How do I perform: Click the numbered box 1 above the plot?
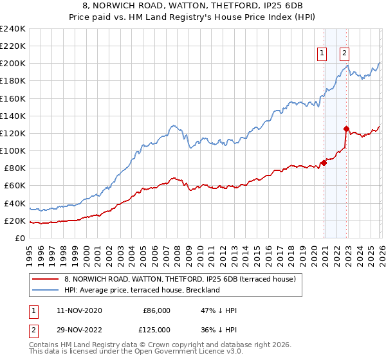pos(322,54)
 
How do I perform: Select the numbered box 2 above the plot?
pos(345,54)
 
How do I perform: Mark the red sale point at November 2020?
pos(324,163)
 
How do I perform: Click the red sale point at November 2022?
pos(347,129)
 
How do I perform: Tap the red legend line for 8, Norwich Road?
pos(45,279)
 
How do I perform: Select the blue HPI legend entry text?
pos(142,290)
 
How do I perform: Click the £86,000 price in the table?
pos(156,310)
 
